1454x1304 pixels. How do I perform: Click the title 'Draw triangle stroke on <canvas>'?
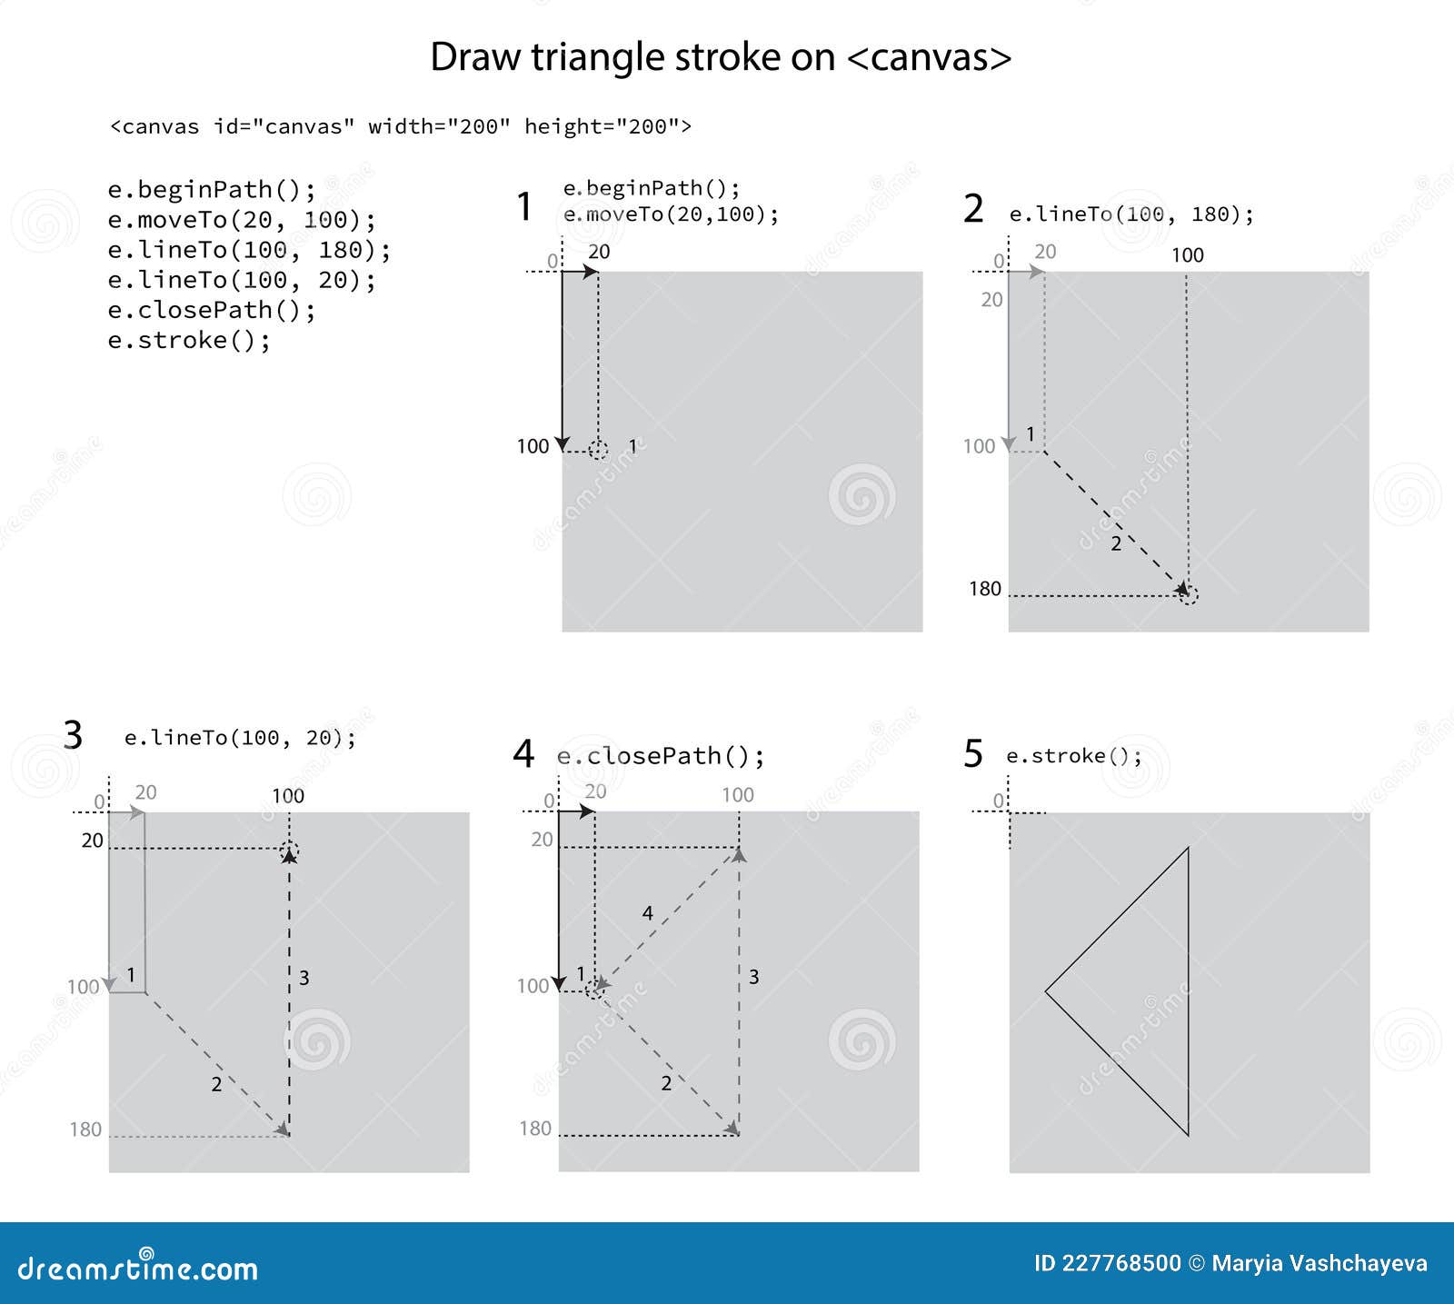[x=720, y=57]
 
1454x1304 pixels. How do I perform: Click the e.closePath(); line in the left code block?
[x=212, y=310]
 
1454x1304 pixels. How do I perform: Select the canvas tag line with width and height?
[x=400, y=126]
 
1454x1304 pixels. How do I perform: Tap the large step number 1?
[x=523, y=206]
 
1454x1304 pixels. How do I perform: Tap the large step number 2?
[x=973, y=209]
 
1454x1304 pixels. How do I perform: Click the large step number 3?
[x=73, y=734]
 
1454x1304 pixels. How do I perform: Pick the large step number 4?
[x=523, y=753]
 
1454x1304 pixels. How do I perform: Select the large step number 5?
[x=973, y=754]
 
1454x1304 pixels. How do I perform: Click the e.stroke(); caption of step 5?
[x=1073, y=756]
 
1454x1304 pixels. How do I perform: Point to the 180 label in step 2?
[x=985, y=589]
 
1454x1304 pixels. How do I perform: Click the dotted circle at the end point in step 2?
[x=1188, y=594]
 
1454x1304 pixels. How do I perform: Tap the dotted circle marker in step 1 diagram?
[x=598, y=449]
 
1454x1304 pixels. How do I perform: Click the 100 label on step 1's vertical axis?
[x=533, y=446]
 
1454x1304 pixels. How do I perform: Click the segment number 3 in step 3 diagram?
[x=304, y=978]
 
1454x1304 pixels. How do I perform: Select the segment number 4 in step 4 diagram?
[x=647, y=912]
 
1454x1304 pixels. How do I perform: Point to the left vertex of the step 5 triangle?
[x=1047, y=991]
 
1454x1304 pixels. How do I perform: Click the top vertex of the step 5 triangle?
[x=1188, y=850]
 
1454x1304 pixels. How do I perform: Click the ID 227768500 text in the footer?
[x=1107, y=1263]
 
